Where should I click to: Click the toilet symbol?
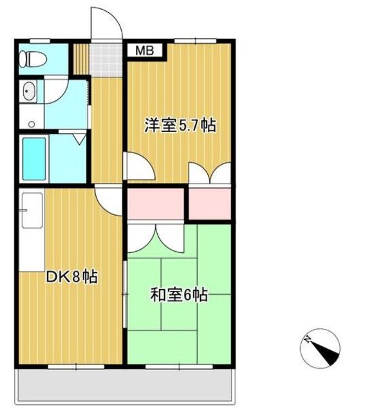tap(33, 59)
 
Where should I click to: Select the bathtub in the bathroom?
tap(34, 159)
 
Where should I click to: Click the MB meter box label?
tap(145, 50)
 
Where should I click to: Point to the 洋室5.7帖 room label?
tap(180, 126)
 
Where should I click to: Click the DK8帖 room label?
tap(71, 277)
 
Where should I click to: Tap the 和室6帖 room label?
tap(179, 295)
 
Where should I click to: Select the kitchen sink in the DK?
tap(32, 211)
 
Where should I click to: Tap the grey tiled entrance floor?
tap(106, 60)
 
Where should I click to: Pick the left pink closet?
tap(156, 203)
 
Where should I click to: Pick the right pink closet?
tap(210, 203)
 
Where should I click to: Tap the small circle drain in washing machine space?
tap(32, 124)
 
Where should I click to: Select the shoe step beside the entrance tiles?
tap(81, 59)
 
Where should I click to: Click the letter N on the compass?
tap(306, 339)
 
